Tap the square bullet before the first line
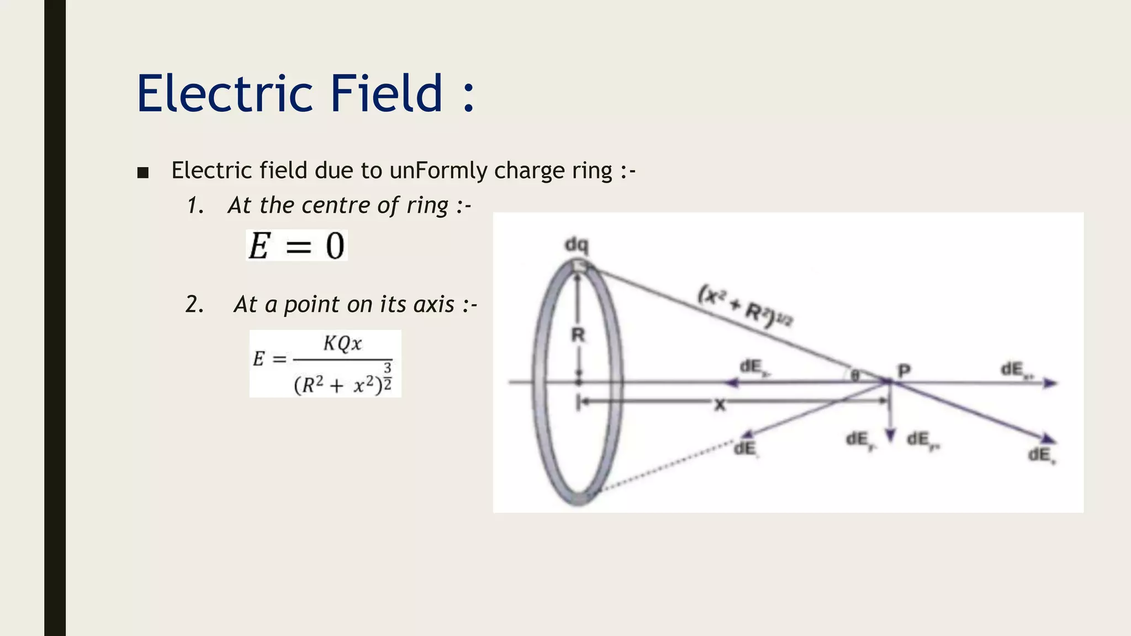tap(143, 173)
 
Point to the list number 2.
tap(194, 304)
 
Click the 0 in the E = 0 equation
tap(335, 246)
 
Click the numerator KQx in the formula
tap(342, 343)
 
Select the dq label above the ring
tap(577, 245)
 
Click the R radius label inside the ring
tap(578, 335)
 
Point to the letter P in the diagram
tap(904, 370)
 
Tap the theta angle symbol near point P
tap(855, 376)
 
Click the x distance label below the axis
tap(720, 406)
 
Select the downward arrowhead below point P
tap(890, 437)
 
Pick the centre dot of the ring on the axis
tap(578, 381)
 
